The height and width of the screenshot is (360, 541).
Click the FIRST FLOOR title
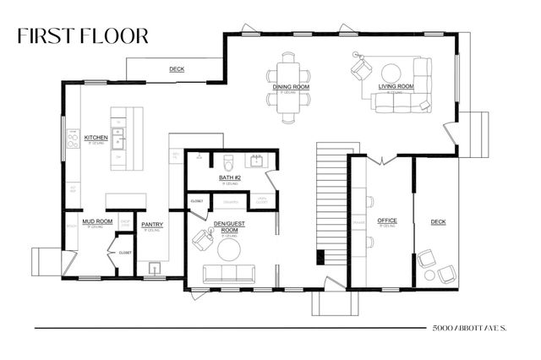click(x=82, y=35)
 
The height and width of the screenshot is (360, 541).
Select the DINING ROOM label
click(x=289, y=86)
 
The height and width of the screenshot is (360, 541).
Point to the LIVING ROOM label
click(x=395, y=86)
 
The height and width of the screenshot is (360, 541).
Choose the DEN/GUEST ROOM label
click(x=226, y=227)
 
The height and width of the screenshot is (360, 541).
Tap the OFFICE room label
click(x=387, y=221)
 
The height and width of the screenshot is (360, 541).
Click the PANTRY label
click(x=152, y=224)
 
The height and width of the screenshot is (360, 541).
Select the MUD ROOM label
click(x=97, y=221)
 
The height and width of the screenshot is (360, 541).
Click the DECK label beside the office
click(x=438, y=221)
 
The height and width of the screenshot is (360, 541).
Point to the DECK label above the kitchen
click(x=177, y=69)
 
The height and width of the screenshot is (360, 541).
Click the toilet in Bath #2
click(x=227, y=161)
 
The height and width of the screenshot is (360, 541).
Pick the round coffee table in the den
click(x=230, y=248)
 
